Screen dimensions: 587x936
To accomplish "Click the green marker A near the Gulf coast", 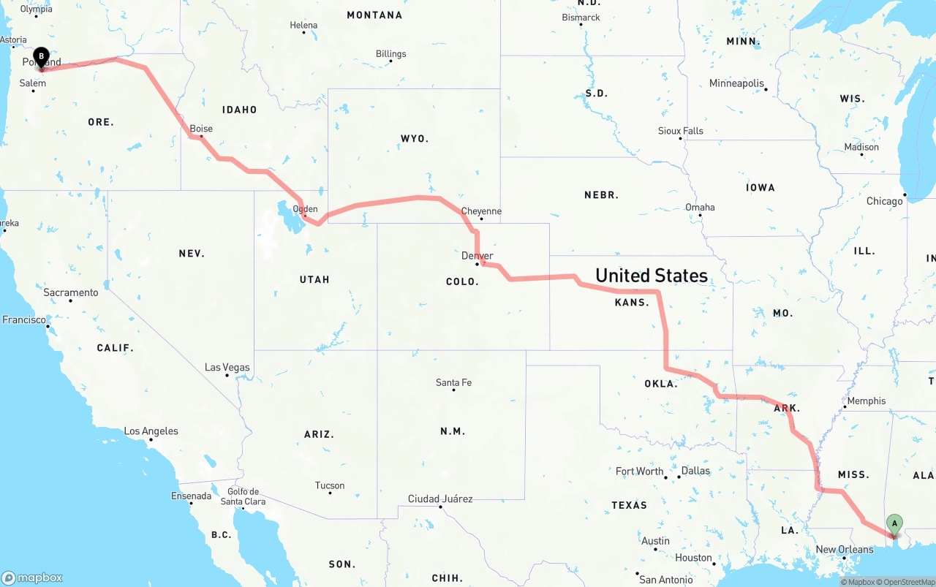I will [894, 523].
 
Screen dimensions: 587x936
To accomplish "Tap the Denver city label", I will [478, 256].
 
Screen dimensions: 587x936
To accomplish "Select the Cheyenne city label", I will [481, 211].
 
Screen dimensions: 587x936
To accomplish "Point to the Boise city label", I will [201, 129].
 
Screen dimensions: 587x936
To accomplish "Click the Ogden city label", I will [305, 209].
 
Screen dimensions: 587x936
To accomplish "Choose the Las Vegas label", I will [227, 368].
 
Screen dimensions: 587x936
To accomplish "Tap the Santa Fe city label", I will [453, 382].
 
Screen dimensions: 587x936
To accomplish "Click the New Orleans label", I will [845, 550].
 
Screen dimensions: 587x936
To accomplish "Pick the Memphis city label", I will [867, 401].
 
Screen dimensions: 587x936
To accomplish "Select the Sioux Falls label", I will [681, 131].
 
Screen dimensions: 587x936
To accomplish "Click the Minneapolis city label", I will [736, 83].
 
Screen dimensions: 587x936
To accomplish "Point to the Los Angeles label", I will [151, 431].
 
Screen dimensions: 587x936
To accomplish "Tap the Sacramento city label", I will [70, 292].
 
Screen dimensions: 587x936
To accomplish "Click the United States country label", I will [651, 276].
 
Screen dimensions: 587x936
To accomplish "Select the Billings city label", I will [390, 54].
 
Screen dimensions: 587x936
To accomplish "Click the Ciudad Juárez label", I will [440, 499].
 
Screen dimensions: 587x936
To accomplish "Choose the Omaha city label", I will [700, 208].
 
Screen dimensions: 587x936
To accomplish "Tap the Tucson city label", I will [330, 485].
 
